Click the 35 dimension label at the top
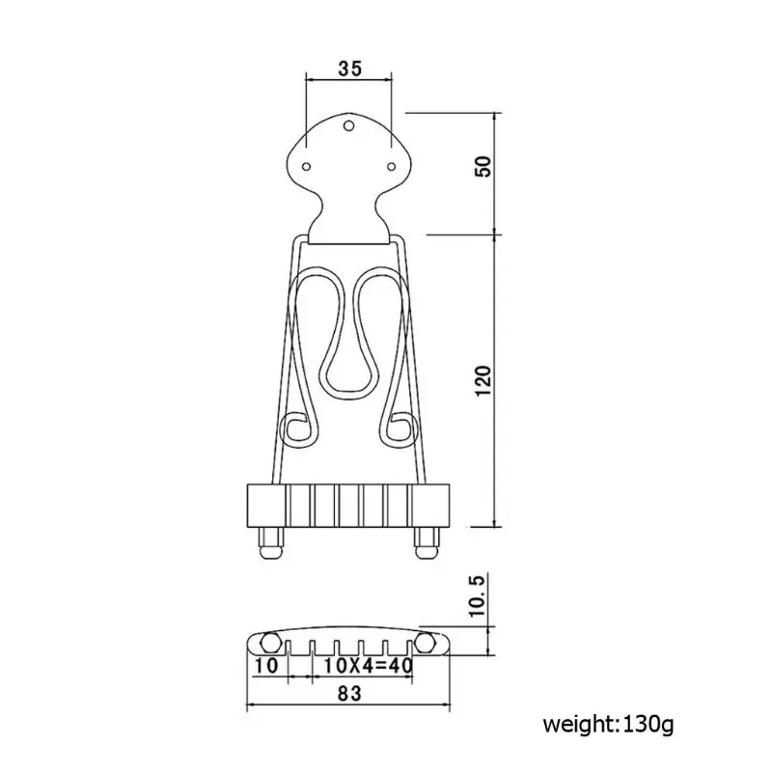coord(349,69)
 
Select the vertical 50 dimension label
coord(486,167)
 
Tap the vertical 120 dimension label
coord(486,383)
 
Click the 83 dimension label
coord(349,691)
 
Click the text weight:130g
coord(607,724)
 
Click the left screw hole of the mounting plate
coord(307,167)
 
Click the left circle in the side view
coord(270,641)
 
